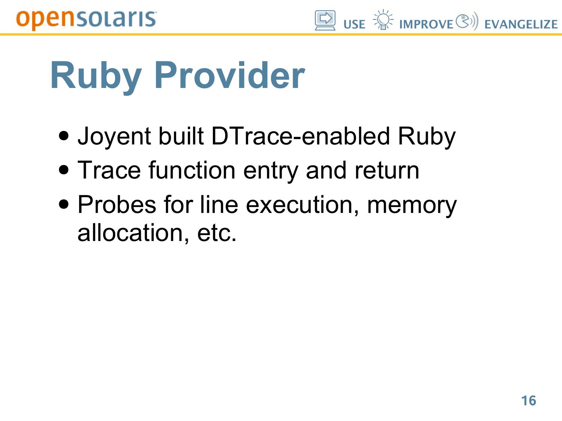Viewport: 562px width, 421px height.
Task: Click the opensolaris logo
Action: [x=86, y=20]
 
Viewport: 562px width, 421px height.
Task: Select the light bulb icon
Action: [x=383, y=20]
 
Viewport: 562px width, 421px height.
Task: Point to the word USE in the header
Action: [x=354, y=24]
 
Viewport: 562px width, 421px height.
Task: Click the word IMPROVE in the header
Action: [x=426, y=24]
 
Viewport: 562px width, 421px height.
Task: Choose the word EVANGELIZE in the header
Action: [x=521, y=24]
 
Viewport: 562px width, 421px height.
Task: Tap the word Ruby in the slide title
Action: [x=96, y=78]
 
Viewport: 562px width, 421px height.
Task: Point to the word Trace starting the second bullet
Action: [x=109, y=170]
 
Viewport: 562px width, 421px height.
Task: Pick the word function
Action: [x=192, y=170]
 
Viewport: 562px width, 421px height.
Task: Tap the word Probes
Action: [x=117, y=204]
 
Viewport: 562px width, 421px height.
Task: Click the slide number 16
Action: [x=528, y=400]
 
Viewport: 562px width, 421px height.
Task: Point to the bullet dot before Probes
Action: [x=64, y=204]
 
